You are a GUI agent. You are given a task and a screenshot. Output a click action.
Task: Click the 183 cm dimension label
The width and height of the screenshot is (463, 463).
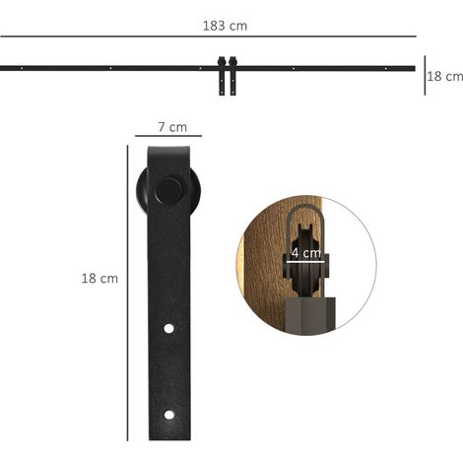[x=225, y=26]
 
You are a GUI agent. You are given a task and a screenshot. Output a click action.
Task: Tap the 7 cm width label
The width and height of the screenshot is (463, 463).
[x=172, y=127]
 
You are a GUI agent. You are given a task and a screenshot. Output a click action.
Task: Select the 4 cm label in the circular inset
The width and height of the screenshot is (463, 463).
[x=306, y=253]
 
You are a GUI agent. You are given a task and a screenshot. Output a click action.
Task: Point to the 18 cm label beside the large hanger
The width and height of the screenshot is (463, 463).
[x=99, y=279]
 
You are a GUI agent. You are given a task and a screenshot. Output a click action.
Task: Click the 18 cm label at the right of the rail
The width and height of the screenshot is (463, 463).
[x=445, y=77]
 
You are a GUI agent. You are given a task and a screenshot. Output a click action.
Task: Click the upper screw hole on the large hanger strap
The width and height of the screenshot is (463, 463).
[x=168, y=328]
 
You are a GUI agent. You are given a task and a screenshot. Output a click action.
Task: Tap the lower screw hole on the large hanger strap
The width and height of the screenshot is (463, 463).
[x=169, y=415]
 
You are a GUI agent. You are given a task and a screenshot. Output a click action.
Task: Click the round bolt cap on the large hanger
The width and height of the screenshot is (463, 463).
[x=168, y=191]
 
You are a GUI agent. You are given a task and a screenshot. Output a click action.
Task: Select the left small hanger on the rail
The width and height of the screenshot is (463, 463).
[x=222, y=76]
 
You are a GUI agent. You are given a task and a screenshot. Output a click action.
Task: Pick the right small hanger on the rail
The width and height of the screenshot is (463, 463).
[x=232, y=76]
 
